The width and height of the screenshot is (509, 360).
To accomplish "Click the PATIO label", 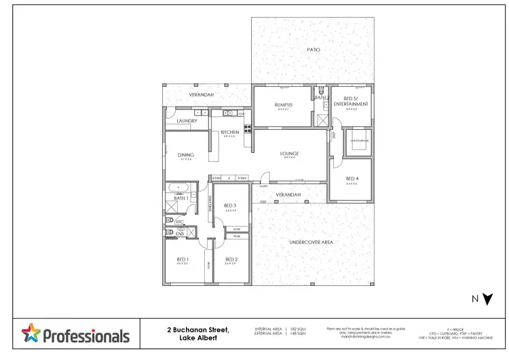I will pos(313,50).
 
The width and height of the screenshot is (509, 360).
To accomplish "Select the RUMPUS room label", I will pos(283,105).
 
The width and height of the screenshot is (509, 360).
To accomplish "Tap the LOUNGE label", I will pos(290,154).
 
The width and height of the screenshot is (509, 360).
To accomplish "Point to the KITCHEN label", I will pos(229,132).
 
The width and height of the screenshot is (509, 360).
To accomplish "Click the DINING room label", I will pos(186,155).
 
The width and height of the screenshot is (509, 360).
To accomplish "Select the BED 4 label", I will pos(352,179).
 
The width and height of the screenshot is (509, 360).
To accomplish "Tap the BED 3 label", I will pos(230,206).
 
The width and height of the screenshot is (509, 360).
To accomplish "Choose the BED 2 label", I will pos(231,259).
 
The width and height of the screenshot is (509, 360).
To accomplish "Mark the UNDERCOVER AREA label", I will pos(310,242).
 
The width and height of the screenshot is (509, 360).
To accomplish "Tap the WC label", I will pos(180,222).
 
